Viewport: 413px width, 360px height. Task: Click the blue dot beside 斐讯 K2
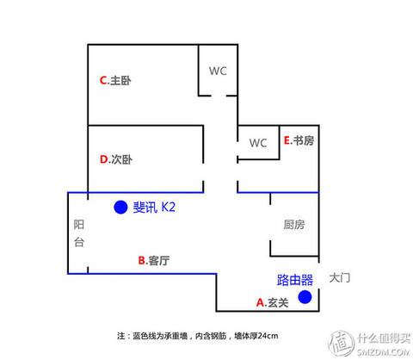coord(120,207)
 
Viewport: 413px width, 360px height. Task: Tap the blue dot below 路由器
coord(305,297)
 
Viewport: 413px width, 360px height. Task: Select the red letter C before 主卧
coord(103,80)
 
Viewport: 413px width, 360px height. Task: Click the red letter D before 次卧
coord(104,159)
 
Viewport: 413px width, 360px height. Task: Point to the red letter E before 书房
coord(287,140)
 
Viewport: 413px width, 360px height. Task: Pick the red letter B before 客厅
coord(142,260)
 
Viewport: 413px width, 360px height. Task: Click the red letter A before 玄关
coord(260,302)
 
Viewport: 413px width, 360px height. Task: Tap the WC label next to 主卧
coord(218,71)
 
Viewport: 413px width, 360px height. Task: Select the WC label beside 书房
coord(258,143)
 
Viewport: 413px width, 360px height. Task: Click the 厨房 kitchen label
coord(294,225)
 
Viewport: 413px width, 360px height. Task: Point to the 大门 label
coord(340,277)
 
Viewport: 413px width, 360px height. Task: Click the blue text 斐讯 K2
coord(154,207)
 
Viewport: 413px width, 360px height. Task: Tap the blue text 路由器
coord(295,280)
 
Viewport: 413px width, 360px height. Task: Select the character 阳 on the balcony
coord(79,225)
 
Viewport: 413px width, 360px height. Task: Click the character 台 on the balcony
coord(79,242)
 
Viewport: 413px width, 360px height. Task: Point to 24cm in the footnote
coord(268,336)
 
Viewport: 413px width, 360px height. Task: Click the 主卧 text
coord(120,80)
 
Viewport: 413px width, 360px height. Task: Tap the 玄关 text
coord(278,302)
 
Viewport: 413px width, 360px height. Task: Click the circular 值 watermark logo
coord(342,343)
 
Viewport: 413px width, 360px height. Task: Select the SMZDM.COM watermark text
coord(384,352)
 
